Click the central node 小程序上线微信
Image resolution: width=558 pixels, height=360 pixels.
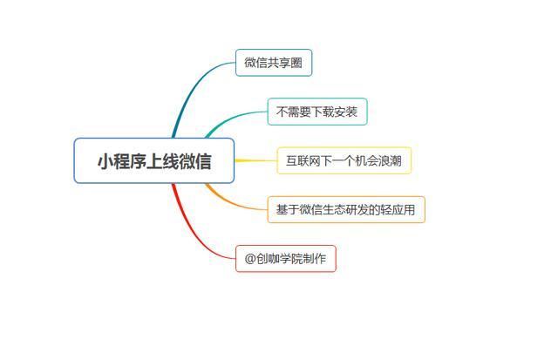click(154, 160)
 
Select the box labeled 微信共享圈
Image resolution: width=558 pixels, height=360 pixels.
click(274, 63)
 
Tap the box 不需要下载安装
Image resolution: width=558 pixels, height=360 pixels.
click(317, 112)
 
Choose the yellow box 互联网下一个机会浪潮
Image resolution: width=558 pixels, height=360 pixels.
click(344, 160)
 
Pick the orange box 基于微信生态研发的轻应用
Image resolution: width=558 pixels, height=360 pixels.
click(346, 209)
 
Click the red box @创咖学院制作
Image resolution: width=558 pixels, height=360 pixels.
click(286, 259)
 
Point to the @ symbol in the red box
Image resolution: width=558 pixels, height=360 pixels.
click(250, 259)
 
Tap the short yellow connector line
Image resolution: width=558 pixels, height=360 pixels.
click(255, 160)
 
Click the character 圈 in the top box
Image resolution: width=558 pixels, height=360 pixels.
click(296, 63)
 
